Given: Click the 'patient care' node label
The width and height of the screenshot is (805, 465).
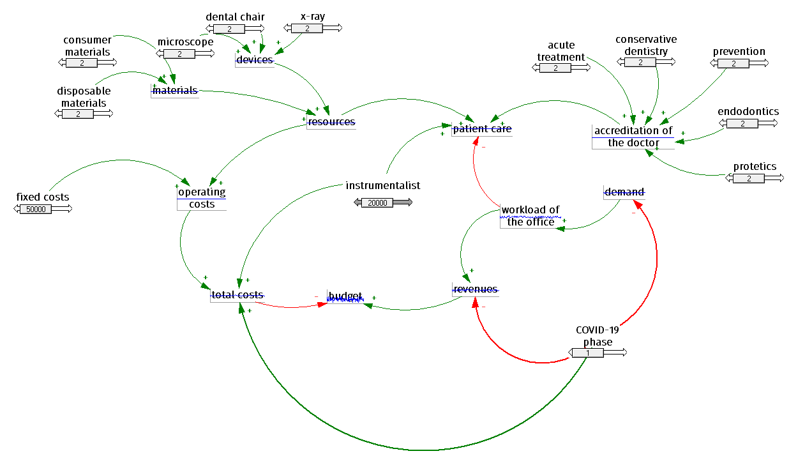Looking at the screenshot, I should click(x=482, y=129).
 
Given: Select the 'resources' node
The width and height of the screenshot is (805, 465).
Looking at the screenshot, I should click(x=331, y=121).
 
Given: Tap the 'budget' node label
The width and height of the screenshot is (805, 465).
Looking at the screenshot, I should click(x=345, y=296).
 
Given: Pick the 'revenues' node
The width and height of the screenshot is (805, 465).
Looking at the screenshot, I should click(x=476, y=289).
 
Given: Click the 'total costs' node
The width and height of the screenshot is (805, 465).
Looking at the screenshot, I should click(x=237, y=295).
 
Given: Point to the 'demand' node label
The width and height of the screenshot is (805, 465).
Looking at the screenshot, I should click(x=624, y=192).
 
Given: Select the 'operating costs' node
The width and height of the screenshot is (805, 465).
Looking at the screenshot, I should click(x=202, y=198).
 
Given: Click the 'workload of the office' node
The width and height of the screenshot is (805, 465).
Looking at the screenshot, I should click(x=530, y=216).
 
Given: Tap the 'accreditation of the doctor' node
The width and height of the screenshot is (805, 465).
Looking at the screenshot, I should click(x=633, y=137).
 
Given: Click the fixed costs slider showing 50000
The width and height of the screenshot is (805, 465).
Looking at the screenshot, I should click(x=36, y=209).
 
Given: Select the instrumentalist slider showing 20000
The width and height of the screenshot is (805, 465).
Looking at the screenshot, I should click(x=378, y=202).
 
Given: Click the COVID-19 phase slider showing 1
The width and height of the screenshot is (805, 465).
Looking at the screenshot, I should click(x=587, y=353).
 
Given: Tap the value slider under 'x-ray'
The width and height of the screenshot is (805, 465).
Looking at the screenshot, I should click(x=307, y=28).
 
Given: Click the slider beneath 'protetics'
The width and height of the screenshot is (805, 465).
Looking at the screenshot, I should click(x=749, y=178).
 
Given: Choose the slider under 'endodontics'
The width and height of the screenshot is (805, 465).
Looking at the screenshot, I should click(x=744, y=123).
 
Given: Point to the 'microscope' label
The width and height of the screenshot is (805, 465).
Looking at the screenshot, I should click(x=185, y=42).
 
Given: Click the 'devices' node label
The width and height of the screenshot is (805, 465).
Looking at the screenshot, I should click(x=255, y=60).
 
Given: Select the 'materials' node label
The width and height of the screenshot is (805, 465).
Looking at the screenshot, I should click(x=175, y=91).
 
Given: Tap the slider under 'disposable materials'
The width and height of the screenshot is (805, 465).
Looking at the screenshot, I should click(x=78, y=114).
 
